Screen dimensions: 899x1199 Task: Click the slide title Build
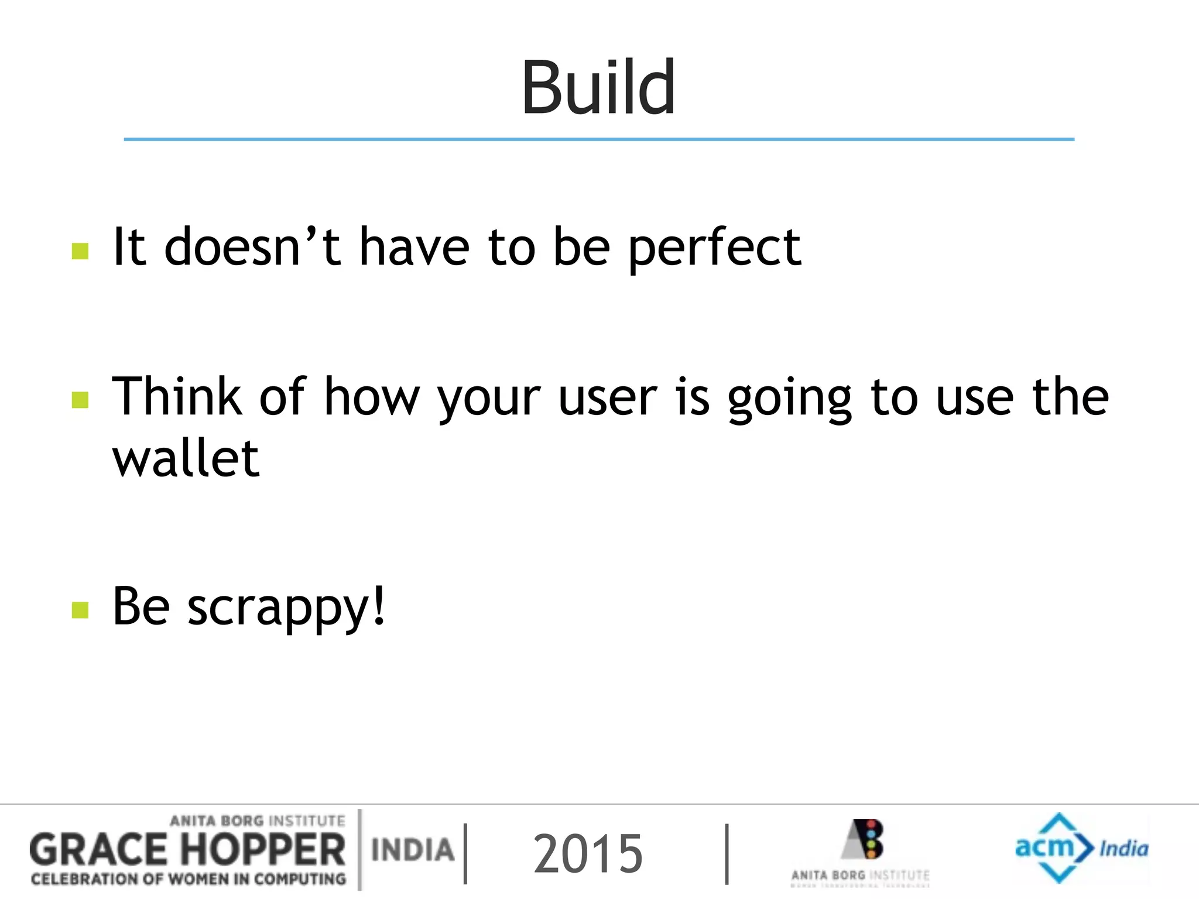coord(598,88)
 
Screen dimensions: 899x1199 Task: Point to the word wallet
coord(186,458)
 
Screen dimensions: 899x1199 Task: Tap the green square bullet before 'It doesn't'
coord(80,251)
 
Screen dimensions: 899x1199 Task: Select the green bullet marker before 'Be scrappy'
coord(80,610)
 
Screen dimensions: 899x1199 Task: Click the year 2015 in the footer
coord(588,854)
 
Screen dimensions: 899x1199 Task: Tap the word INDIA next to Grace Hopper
coord(413,850)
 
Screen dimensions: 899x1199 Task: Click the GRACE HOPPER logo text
coord(187,850)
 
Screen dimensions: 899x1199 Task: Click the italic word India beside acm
coord(1123,849)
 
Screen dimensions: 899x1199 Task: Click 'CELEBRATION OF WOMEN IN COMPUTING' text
coord(189,879)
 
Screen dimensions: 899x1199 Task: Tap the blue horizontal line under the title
coord(598,139)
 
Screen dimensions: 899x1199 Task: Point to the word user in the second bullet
coord(608,398)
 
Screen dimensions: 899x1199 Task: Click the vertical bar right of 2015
coord(727,854)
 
